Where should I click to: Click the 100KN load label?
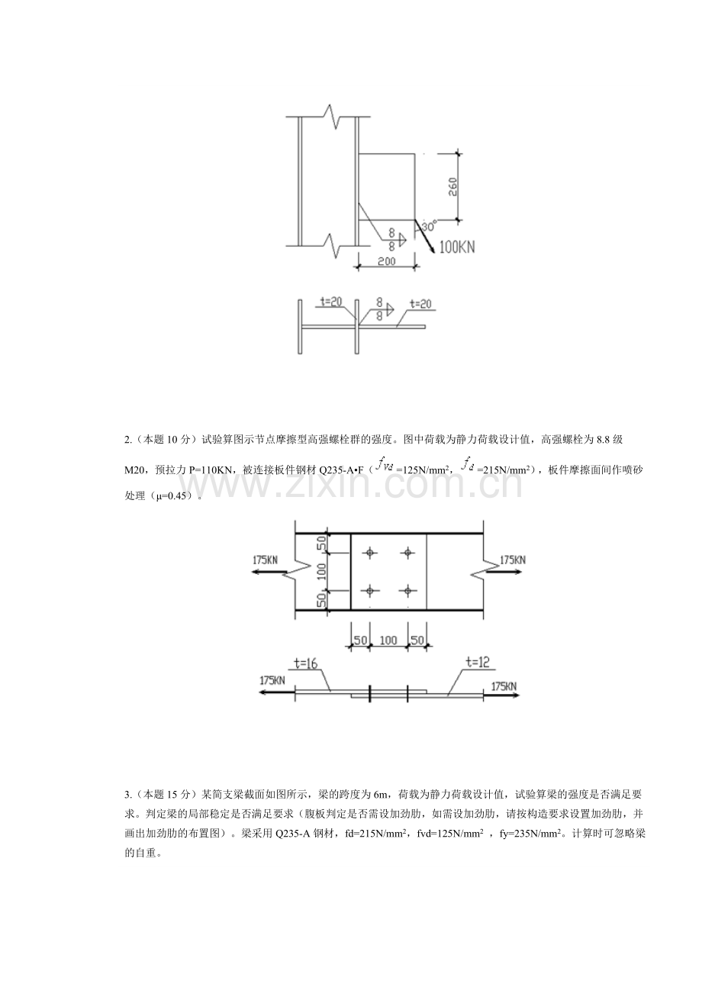(x=457, y=247)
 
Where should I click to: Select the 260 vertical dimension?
(x=452, y=187)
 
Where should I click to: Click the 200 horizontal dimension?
(x=386, y=261)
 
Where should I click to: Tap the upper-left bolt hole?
(x=369, y=553)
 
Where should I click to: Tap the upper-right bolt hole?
(x=407, y=553)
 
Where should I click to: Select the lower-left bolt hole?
(x=369, y=591)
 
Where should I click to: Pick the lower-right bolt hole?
(x=407, y=591)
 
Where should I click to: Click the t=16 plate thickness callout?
(x=305, y=663)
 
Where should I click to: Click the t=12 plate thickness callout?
(x=477, y=663)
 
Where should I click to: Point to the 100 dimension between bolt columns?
(x=388, y=640)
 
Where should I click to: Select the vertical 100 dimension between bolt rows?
(x=322, y=572)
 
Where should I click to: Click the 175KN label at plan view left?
(x=266, y=560)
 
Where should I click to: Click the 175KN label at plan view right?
(x=513, y=560)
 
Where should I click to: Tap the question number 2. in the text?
(x=128, y=441)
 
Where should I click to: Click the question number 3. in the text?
(x=128, y=794)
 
